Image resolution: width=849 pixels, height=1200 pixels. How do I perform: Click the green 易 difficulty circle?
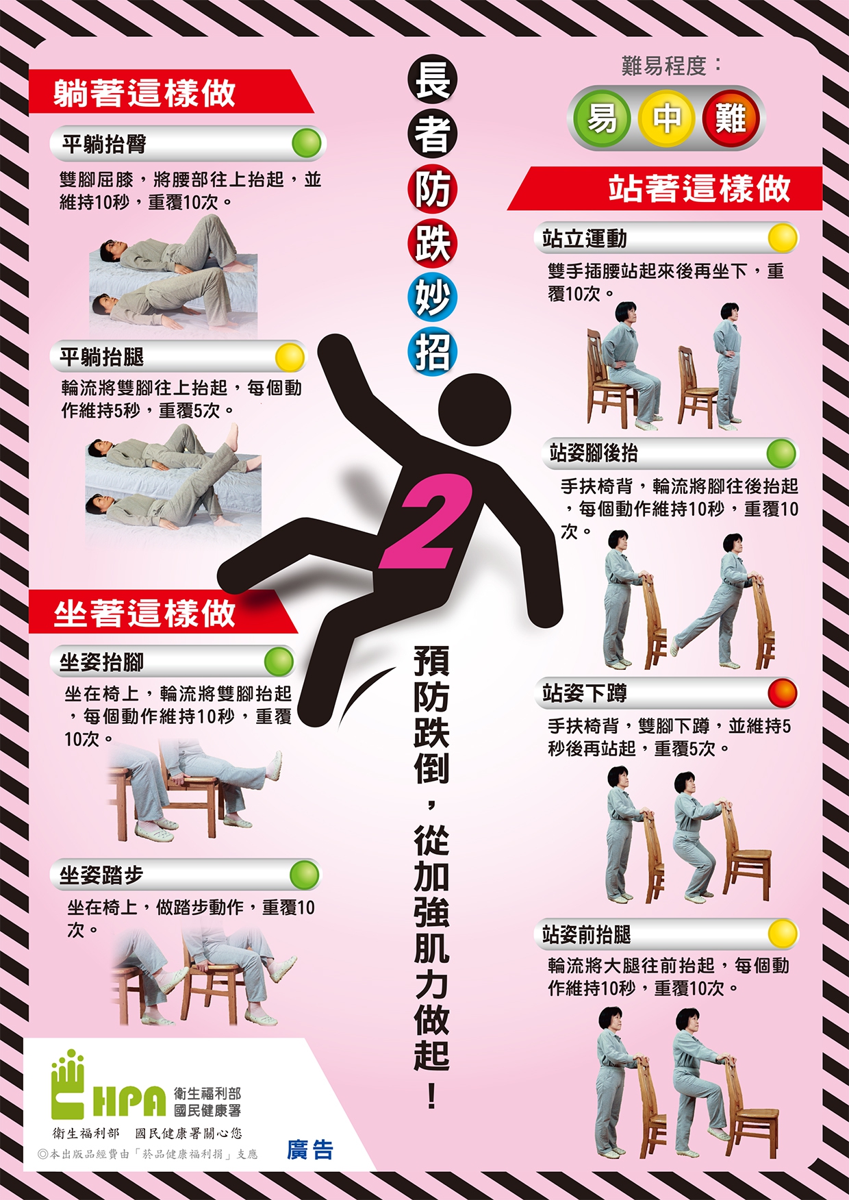601,118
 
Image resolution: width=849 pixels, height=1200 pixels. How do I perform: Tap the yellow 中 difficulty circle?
666,118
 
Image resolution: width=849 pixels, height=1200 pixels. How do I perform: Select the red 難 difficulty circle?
731,118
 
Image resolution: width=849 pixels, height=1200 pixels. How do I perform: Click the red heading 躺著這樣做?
144,93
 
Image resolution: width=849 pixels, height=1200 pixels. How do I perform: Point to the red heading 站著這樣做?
699,188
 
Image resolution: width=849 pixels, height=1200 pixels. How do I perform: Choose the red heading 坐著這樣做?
144,613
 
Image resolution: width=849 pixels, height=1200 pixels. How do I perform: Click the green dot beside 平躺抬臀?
306,143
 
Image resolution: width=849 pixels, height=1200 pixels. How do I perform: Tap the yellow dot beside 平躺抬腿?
290,357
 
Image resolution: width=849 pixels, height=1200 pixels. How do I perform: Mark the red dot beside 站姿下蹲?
783,693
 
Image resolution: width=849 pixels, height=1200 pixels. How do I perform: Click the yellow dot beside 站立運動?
783,238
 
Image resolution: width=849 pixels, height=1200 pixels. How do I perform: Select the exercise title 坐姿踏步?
102,875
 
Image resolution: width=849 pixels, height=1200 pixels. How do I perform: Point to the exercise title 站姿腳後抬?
594,453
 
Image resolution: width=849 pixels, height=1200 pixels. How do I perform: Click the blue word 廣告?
310,1150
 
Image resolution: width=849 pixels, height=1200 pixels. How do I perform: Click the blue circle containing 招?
432,353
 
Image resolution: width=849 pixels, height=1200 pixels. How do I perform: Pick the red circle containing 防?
432,188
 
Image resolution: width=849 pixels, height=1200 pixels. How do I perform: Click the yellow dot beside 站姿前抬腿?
783,934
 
